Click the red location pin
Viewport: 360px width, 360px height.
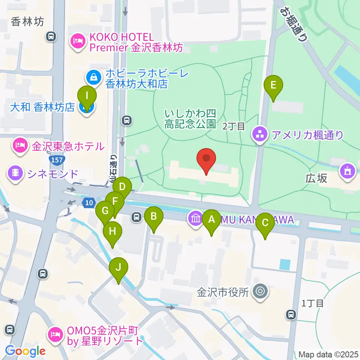(x=207, y=160)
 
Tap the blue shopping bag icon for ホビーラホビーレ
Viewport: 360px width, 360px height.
(x=92, y=78)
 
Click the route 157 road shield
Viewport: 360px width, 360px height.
(x=59, y=160)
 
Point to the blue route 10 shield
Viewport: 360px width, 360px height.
(x=88, y=202)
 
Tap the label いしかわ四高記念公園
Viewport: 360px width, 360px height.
(x=190, y=118)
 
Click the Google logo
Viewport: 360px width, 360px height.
(x=25, y=351)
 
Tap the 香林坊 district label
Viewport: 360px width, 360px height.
(x=28, y=22)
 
